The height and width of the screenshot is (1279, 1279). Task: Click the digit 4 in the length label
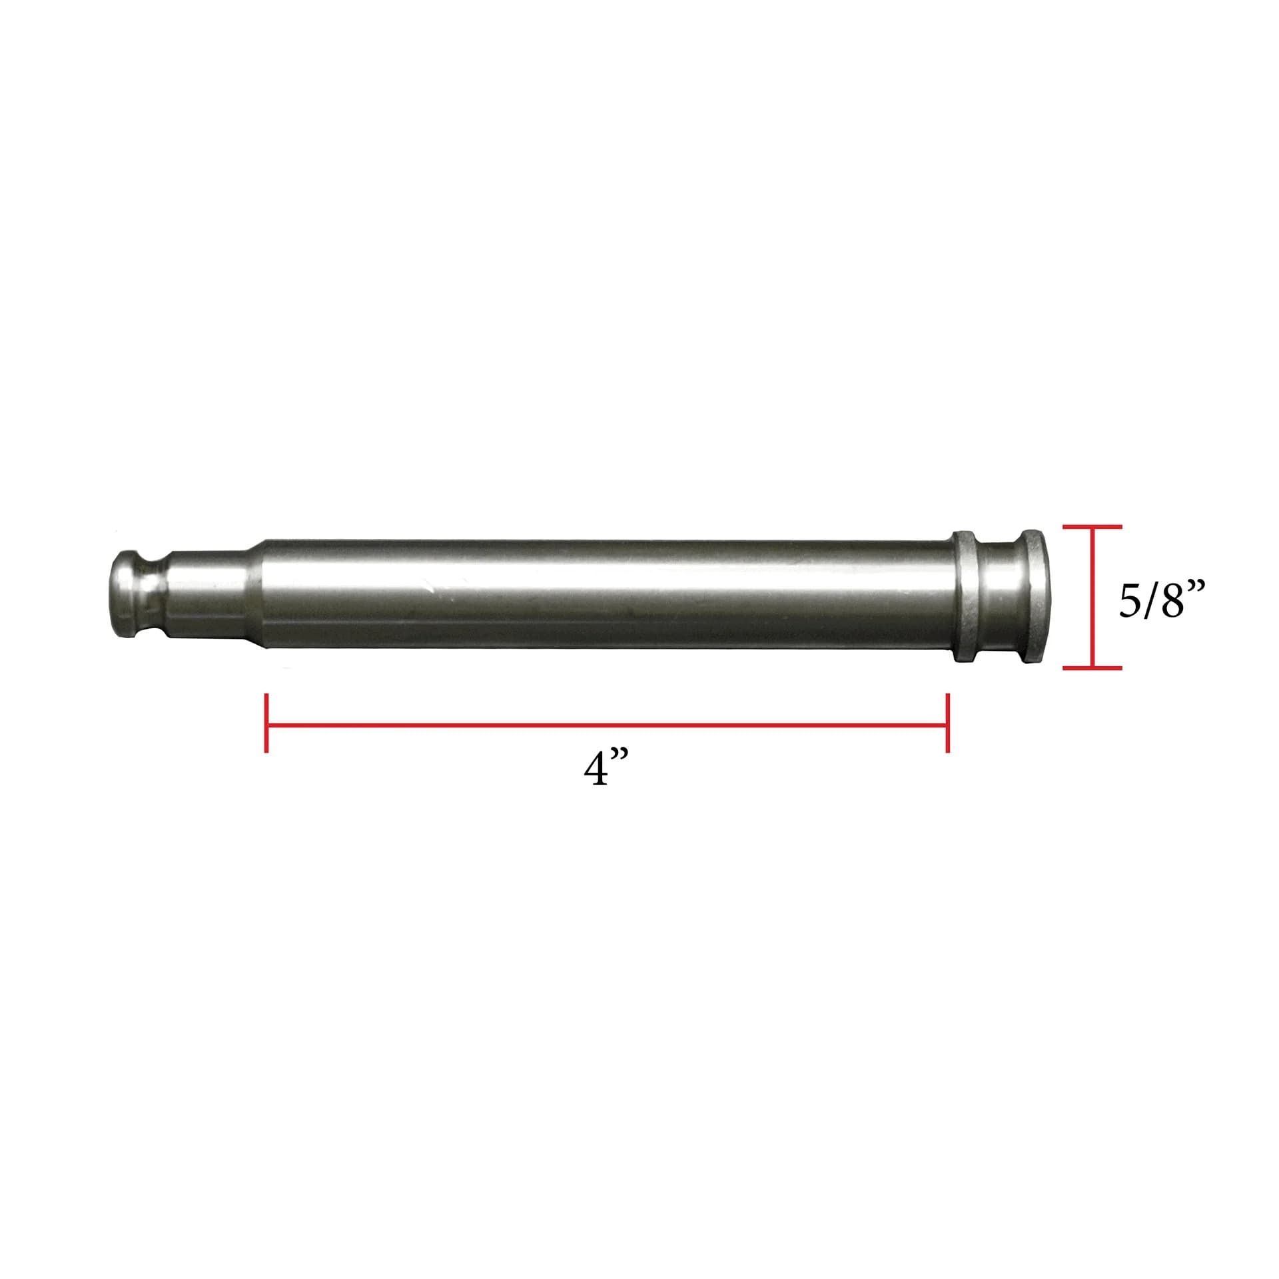(x=595, y=771)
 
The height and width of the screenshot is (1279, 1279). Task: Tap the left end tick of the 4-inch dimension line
(x=266, y=723)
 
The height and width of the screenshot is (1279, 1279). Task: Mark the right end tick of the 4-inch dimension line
(x=947, y=723)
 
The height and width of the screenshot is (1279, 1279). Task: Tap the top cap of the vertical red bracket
(x=1092, y=526)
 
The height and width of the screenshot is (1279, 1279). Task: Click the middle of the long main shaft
(x=606, y=596)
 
